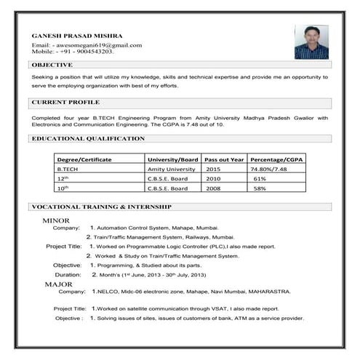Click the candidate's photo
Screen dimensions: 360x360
pyautogui.click(x=311, y=41)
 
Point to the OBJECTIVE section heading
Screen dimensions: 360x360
pyautogui.click(x=52, y=65)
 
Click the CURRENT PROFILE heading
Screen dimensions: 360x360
pyautogui.click(x=65, y=103)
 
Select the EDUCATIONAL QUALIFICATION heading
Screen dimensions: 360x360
pyautogui.click(x=89, y=138)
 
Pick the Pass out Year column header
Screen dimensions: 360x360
pyautogui.click(x=224, y=159)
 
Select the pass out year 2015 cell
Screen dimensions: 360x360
pyautogui.click(x=213, y=169)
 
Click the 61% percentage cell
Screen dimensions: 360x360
pyautogui.click(x=259, y=178)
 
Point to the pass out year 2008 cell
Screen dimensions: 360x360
pyautogui.click(x=213, y=188)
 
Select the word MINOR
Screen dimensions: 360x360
pyautogui.click(x=56, y=220)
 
